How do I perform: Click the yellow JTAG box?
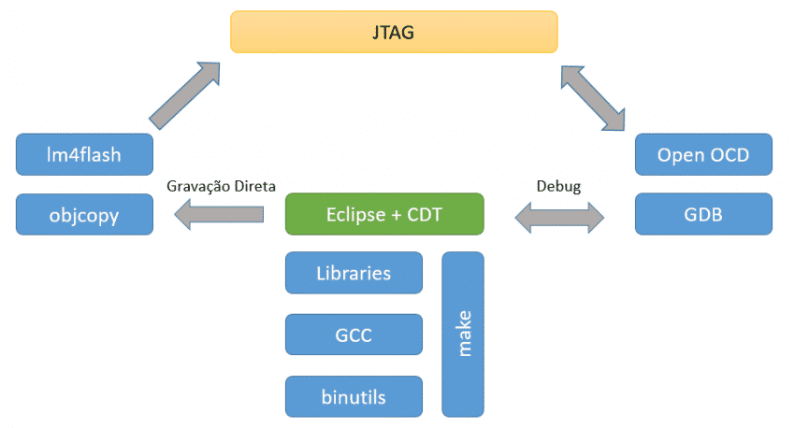[x=394, y=32]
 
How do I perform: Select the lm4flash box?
[x=85, y=154]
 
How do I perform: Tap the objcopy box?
[x=85, y=214]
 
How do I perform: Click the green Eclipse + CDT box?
[x=383, y=214]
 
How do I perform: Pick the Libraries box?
[x=354, y=274]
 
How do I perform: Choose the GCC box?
[x=354, y=335]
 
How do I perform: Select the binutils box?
[x=354, y=396]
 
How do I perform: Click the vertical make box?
[x=463, y=334]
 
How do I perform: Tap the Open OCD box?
[x=703, y=154]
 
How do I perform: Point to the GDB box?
[x=703, y=214]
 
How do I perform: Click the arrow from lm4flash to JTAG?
[x=184, y=94]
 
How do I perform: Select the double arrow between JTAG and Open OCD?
[x=593, y=97]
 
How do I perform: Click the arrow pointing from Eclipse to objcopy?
[x=220, y=215]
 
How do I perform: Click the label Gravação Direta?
[x=221, y=186]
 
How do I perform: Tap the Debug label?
[x=558, y=186]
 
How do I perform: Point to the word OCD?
[x=729, y=154]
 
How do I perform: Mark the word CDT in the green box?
[x=426, y=214]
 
